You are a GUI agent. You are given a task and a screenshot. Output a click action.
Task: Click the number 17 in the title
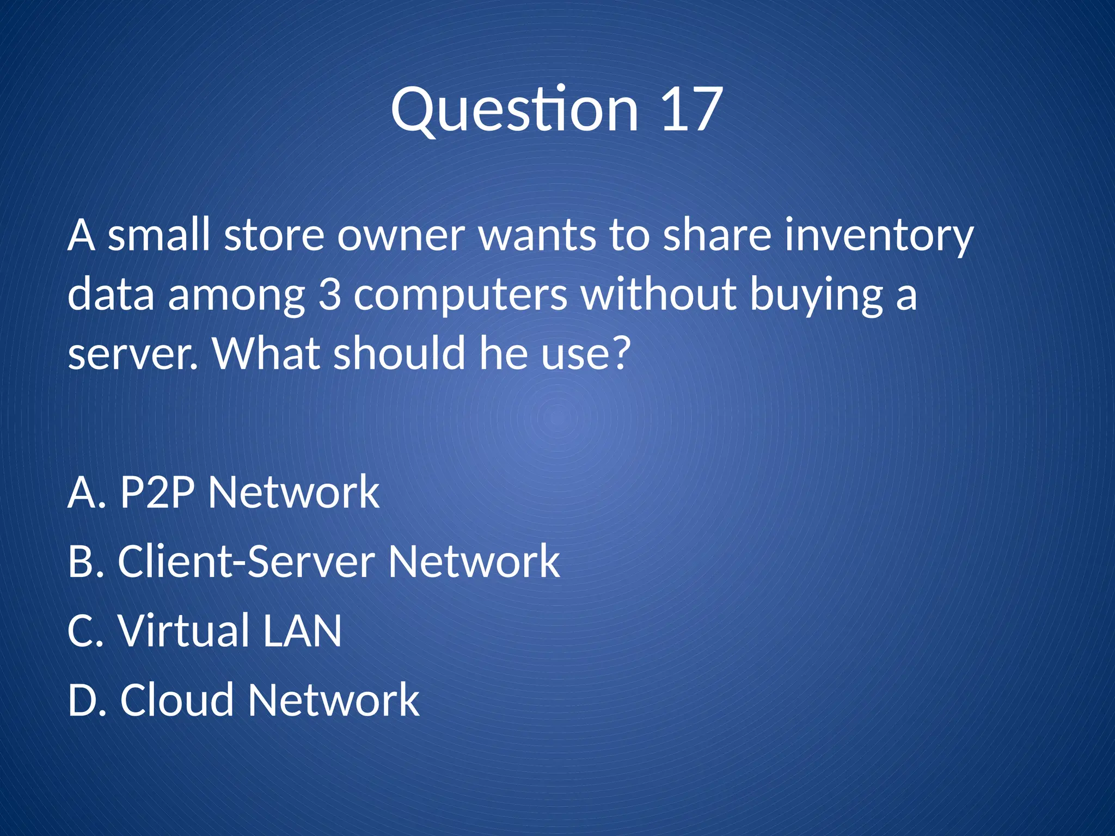[x=691, y=110]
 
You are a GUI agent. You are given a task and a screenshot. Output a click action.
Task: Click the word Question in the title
[x=514, y=110]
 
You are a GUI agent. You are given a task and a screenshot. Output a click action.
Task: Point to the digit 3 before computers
[x=329, y=295]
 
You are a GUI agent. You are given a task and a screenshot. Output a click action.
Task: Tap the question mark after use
[x=619, y=353]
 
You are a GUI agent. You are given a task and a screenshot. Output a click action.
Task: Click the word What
[x=266, y=353]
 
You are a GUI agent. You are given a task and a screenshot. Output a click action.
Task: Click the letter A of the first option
[x=81, y=492]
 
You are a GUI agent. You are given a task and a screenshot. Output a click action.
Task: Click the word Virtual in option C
[x=184, y=631]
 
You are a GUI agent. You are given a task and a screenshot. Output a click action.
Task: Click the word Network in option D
[x=333, y=700]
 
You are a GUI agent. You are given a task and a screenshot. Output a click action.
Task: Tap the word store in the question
[x=274, y=236]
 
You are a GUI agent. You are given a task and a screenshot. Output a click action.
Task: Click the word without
[x=658, y=295]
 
